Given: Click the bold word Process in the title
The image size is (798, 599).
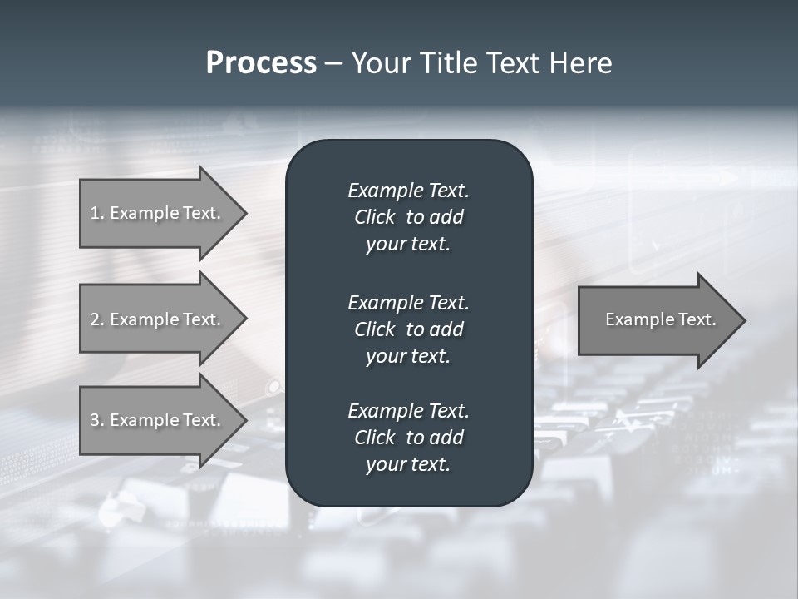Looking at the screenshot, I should click(x=261, y=63).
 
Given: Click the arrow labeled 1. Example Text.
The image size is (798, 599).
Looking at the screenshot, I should click(x=156, y=213).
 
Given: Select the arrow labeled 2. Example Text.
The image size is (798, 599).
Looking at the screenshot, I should click(x=156, y=319).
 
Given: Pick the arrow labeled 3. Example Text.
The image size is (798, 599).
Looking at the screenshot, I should click(x=156, y=420).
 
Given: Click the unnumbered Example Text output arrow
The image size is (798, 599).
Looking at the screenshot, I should click(x=660, y=319).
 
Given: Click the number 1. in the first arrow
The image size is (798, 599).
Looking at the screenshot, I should click(x=97, y=213).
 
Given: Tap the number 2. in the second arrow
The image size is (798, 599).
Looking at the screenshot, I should click(x=97, y=319).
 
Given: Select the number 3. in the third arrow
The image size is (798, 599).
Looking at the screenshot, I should click(x=97, y=420).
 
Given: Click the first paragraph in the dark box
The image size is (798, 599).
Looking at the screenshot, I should click(x=408, y=217).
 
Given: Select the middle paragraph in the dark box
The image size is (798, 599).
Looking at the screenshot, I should click(x=408, y=329).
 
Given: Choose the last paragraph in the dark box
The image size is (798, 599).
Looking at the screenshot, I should click(x=408, y=438).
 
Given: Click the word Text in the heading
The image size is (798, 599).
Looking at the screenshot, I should click(x=513, y=63).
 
